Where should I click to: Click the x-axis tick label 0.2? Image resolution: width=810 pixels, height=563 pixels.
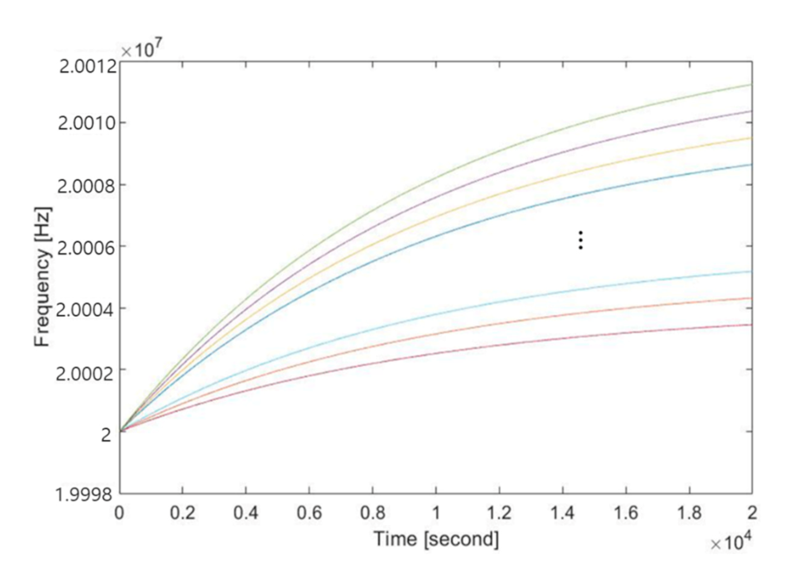[182, 513]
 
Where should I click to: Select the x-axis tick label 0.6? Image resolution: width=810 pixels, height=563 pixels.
[309, 513]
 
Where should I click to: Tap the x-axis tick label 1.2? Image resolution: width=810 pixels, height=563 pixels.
[499, 513]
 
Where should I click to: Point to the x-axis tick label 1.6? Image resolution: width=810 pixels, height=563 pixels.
[626, 513]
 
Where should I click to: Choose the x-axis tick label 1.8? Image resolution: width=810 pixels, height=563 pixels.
[689, 513]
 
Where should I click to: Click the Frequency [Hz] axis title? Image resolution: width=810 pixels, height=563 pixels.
[42, 277]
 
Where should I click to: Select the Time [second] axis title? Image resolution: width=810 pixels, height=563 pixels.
[436, 539]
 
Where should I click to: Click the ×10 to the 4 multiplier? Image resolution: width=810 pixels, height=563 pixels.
[730, 541]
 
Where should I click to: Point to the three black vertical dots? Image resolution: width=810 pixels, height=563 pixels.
[580, 240]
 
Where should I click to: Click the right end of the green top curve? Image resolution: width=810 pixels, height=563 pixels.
[751, 85]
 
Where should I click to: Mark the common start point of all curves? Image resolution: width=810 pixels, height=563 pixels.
[120, 431]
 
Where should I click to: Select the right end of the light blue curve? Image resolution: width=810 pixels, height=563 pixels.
[751, 271]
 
